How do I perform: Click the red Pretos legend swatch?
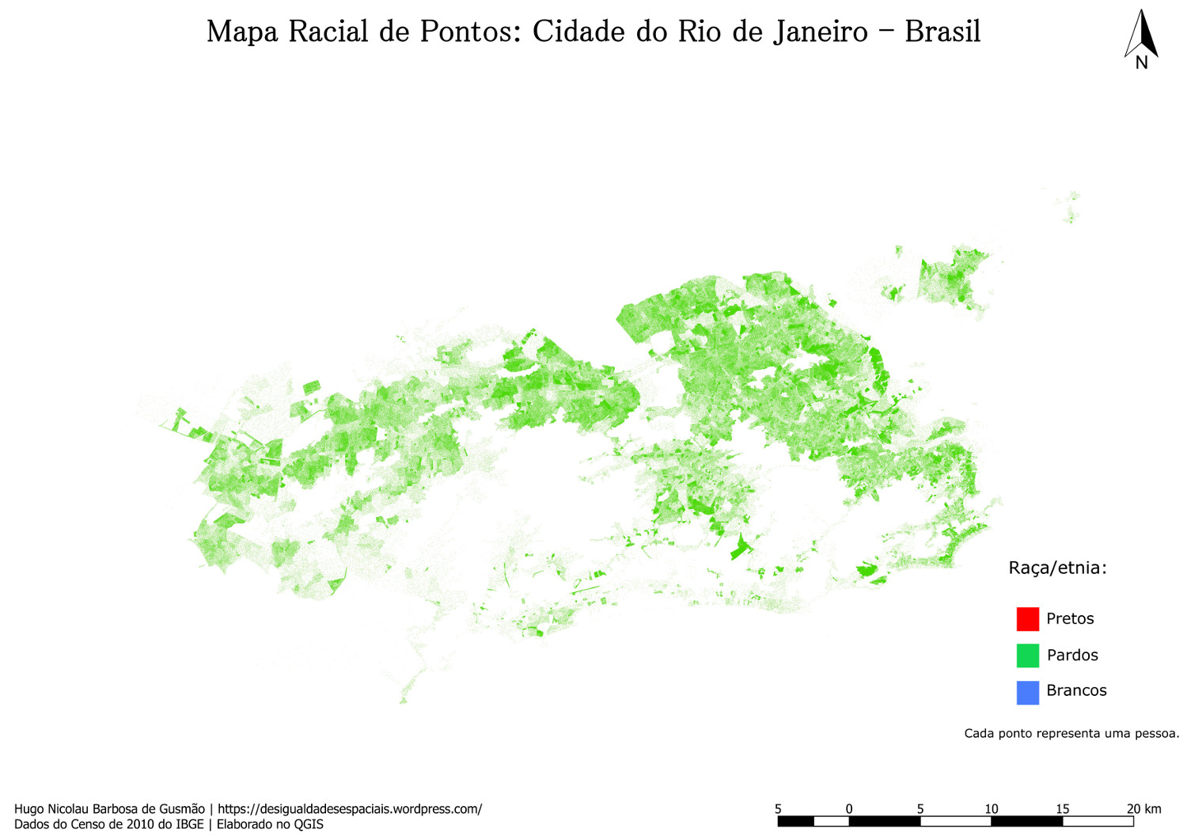(1027, 618)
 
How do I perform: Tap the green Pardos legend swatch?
(1027, 655)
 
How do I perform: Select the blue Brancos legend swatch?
(1027, 692)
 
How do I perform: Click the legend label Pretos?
(1070, 618)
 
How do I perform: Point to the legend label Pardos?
(1072, 655)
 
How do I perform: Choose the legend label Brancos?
(1076, 690)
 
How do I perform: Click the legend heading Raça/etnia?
(1057, 568)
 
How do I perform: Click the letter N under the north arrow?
(1141, 63)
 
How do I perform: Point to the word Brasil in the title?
(942, 32)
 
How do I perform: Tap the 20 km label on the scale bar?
(1144, 808)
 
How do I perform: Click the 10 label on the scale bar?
(992, 808)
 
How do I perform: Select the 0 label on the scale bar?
(849, 808)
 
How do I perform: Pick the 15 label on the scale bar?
(1062, 808)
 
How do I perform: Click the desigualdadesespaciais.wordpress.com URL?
(350, 809)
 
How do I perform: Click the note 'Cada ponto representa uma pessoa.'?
(1071, 733)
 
